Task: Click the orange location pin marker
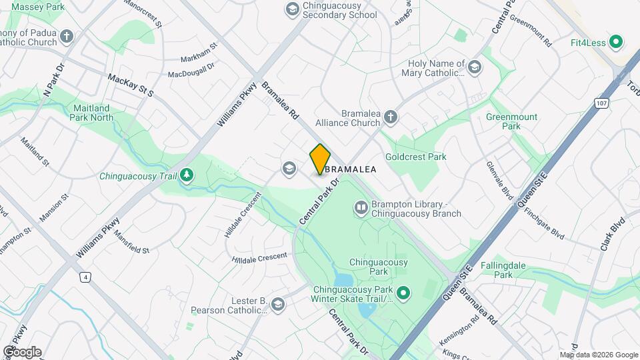pos(320,159)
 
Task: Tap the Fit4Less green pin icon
pos(616,43)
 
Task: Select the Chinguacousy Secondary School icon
pos(291,9)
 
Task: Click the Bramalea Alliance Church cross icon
pos(391,118)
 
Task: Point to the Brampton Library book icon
pos(361,209)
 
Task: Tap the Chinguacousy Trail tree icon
pos(188,176)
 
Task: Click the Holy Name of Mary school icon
pos(474,67)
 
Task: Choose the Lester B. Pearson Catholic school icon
pos(277,305)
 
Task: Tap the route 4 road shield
pos(85,277)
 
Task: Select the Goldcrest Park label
pos(418,157)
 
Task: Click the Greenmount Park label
pos(511,121)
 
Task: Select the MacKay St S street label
pos(130,85)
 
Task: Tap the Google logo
pos(22,352)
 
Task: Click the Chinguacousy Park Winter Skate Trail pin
pos(403,293)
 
